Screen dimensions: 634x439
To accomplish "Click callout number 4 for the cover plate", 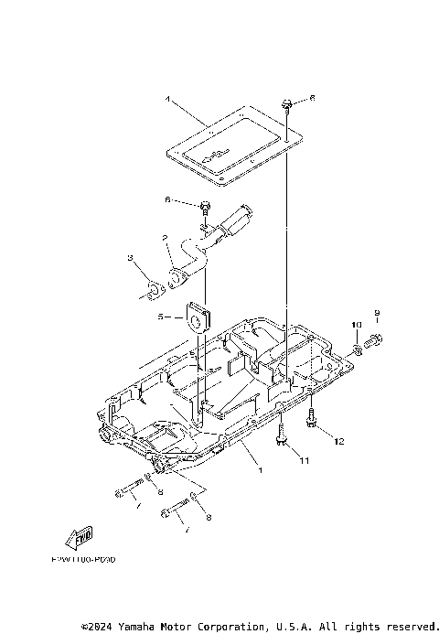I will (168, 97).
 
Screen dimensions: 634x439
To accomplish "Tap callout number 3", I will (131, 259).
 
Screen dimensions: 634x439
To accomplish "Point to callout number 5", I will (159, 317).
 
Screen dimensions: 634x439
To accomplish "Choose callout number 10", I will (356, 325).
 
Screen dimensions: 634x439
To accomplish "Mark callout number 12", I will (337, 442).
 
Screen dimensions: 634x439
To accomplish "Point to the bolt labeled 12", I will (313, 422).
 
